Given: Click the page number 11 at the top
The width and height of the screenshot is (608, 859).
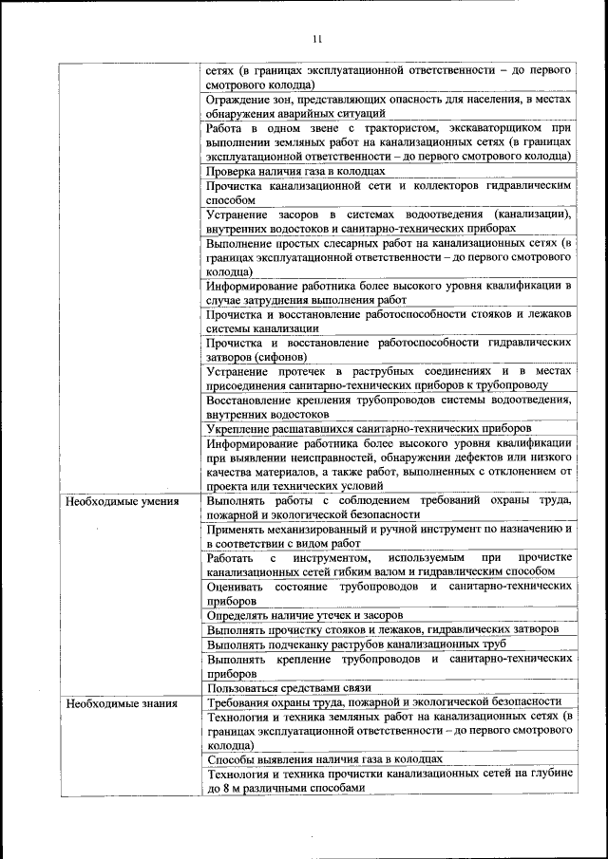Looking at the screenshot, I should click(317, 39).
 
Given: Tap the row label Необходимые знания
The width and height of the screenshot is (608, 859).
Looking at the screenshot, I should click(107, 703).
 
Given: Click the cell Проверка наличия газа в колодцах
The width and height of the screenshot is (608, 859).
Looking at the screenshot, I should click(295, 171).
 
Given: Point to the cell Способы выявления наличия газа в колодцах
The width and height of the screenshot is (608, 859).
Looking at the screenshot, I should click(325, 760).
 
